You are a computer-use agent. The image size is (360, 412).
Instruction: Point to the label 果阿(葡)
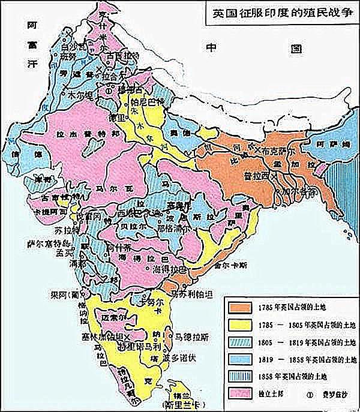(62, 294)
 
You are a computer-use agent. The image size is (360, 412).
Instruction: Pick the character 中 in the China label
(211, 49)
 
